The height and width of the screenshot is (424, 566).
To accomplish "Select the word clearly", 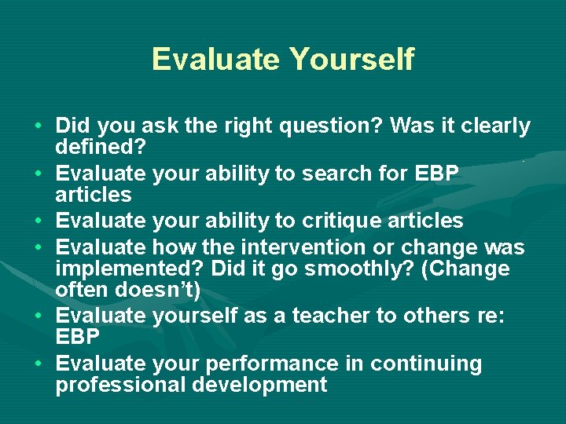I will [494, 126].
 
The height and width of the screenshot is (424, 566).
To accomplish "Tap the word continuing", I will [426, 364].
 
